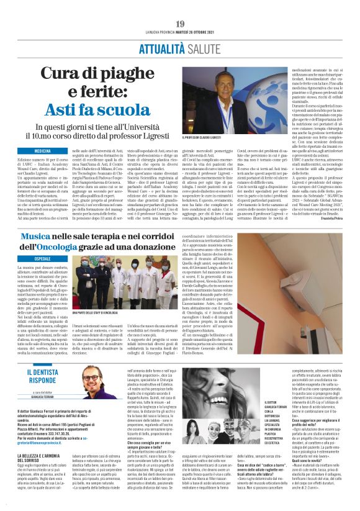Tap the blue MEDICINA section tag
pos(42,151)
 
